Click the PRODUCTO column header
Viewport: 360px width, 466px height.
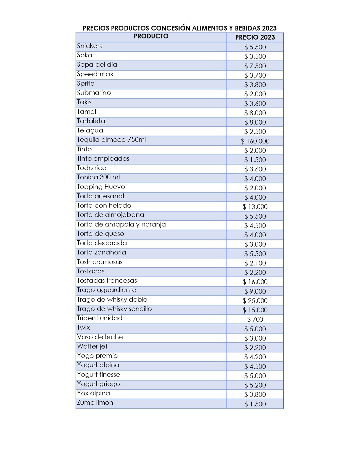pos(151,36)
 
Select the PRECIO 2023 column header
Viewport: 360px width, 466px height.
pos(255,37)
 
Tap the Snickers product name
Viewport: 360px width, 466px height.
pos(90,46)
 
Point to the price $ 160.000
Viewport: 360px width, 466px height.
pos(255,141)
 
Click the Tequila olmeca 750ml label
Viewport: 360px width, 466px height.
pos(112,140)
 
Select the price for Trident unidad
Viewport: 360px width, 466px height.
pos(255,319)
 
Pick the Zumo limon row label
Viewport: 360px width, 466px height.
pos(95,402)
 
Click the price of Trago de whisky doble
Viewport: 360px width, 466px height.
pos(255,300)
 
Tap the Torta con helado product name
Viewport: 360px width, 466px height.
pos(104,205)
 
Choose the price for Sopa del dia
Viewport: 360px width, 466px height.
pos(255,66)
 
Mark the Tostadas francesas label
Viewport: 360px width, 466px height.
pos(107,280)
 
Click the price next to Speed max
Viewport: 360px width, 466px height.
pos(255,75)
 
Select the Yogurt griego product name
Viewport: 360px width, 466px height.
pos(99,384)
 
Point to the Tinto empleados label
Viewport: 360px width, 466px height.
pos(103,158)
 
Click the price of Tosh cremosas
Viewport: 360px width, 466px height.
pos(255,263)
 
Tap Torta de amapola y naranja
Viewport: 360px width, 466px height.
pos(121,224)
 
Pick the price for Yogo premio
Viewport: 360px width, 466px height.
pos(255,357)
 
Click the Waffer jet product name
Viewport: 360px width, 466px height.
pos(92,346)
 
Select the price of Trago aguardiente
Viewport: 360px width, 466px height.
pos(255,291)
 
